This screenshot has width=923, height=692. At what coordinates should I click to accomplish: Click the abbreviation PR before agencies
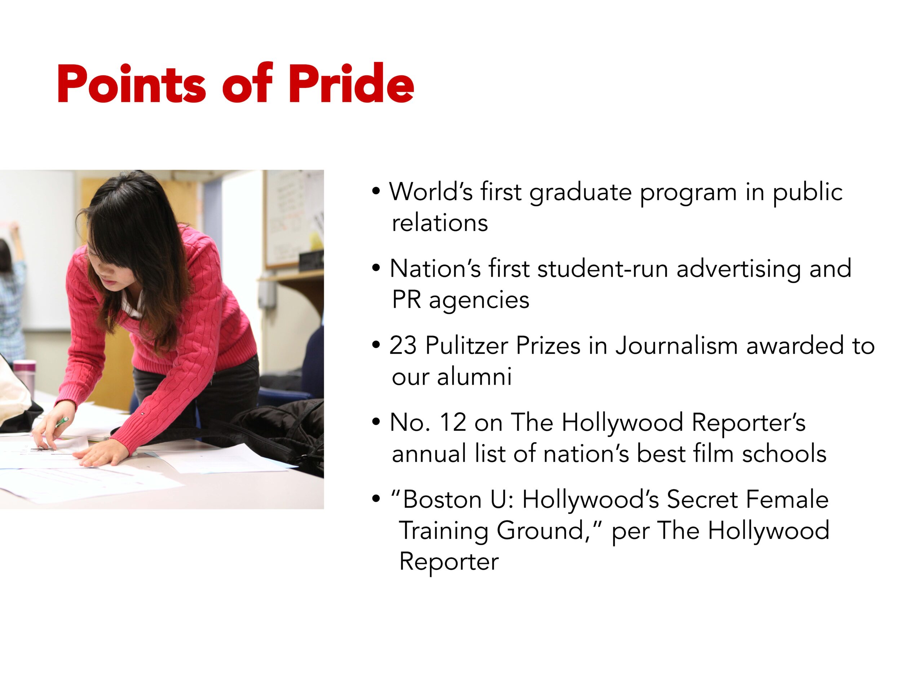[x=406, y=300]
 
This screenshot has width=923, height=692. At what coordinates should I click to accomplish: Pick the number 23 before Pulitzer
[x=403, y=345]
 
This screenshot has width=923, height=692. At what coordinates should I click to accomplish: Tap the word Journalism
[x=676, y=345]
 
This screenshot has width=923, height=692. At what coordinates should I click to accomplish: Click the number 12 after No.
[x=452, y=422]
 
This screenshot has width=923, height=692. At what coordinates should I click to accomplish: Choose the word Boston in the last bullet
[x=442, y=499]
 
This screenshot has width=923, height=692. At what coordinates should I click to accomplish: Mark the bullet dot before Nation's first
[x=376, y=268]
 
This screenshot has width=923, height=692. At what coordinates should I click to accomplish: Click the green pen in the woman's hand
[x=62, y=422]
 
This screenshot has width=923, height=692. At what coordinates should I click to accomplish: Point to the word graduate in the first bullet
[x=580, y=193]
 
